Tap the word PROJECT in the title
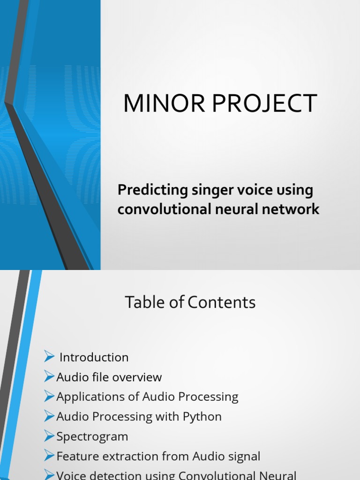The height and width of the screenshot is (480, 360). point(264,104)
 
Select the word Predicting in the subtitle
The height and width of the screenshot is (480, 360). point(153,190)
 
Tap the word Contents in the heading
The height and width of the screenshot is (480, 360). point(221,302)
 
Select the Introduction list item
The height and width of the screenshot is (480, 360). point(94,357)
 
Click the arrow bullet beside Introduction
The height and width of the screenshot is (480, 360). point(49,356)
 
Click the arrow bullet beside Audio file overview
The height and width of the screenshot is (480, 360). point(49,376)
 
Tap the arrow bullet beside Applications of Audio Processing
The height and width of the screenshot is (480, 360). point(49,396)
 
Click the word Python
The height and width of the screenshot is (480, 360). point(202,417)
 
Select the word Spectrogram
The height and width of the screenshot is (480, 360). point(92,437)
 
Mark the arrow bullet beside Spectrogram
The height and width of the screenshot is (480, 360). point(49,435)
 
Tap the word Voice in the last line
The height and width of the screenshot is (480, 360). point(71,475)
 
